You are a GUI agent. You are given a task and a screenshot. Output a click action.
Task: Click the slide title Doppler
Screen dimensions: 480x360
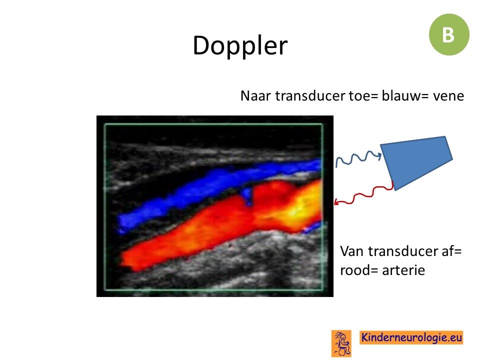[x=240, y=45]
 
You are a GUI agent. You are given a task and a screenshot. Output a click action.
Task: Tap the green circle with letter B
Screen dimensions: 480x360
[x=449, y=34]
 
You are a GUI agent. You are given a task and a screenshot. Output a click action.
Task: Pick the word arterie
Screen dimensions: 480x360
[x=404, y=270]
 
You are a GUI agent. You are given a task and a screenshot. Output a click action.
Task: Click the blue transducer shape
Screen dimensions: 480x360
[x=416, y=162]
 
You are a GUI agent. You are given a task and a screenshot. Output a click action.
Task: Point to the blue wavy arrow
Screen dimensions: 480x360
[x=358, y=159]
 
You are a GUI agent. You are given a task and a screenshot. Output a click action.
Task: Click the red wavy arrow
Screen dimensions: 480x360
[x=364, y=194]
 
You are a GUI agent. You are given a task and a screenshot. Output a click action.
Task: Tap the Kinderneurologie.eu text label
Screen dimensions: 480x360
[x=411, y=337]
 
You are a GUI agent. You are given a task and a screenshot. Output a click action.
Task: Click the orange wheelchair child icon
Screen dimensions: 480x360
[x=341, y=343]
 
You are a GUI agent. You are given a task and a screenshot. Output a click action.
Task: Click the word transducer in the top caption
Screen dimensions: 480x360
[x=310, y=96]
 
